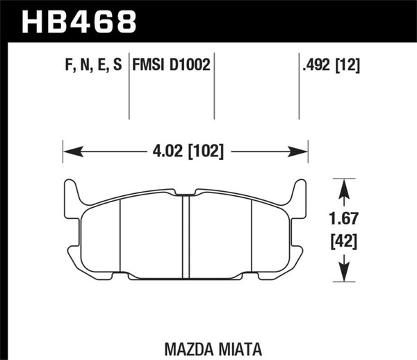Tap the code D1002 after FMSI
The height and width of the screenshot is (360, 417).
point(187,65)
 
